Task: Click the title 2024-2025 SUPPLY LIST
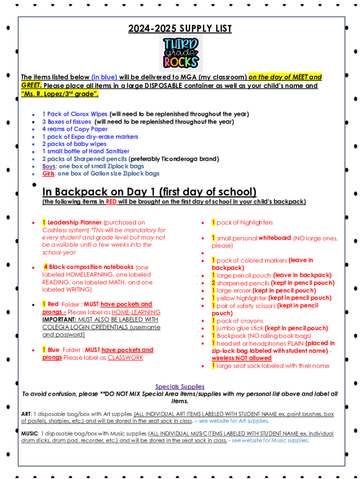pyautogui.click(x=180, y=29)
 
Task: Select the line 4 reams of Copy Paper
pyautogui.click(x=75, y=129)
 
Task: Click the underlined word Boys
pyautogui.click(x=49, y=167)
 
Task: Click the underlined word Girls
pyautogui.click(x=48, y=174)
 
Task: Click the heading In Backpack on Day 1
pyautogui.click(x=149, y=192)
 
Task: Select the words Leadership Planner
pyautogui.click(x=74, y=223)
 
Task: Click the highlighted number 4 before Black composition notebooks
pyautogui.click(x=46, y=267)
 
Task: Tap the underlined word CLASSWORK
pyautogui.click(x=125, y=358)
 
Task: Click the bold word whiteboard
pyautogui.click(x=275, y=238)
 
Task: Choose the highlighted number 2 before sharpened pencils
pyautogui.click(x=213, y=283)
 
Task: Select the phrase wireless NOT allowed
pyautogui.click(x=241, y=358)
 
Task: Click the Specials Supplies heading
pyautogui.click(x=180, y=387)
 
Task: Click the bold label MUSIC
pyautogui.click(x=29, y=433)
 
